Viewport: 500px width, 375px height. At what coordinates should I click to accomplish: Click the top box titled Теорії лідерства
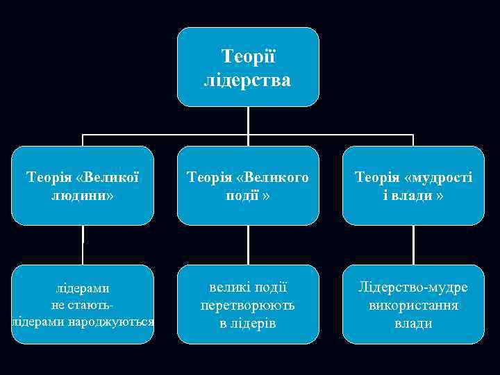pos(247,67)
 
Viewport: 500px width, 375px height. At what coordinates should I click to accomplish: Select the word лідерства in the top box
pos(247,81)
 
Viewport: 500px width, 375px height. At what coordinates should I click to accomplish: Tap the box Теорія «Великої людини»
pos(83,185)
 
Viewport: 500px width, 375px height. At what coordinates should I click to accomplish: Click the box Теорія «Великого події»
pos(247,185)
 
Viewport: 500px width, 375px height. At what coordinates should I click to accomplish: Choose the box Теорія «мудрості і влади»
pos(413,185)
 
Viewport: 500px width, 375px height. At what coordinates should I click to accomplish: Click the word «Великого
pos(273,177)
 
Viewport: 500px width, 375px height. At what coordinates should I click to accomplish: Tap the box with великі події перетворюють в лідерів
pos(247,304)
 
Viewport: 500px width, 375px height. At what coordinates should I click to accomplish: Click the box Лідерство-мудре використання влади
pos(413,304)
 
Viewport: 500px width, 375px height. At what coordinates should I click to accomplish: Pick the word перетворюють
pos(247,306)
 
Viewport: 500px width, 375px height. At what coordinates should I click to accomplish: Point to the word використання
pos(413,306)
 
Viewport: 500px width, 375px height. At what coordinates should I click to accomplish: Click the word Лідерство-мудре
pos(413,287)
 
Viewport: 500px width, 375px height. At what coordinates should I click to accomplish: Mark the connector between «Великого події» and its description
pos(248,244)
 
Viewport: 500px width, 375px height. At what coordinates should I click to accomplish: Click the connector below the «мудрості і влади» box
pos(413,244)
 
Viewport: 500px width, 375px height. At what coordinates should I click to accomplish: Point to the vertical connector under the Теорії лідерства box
pos(248,120)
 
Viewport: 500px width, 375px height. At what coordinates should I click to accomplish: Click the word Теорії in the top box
pos(247,55)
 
